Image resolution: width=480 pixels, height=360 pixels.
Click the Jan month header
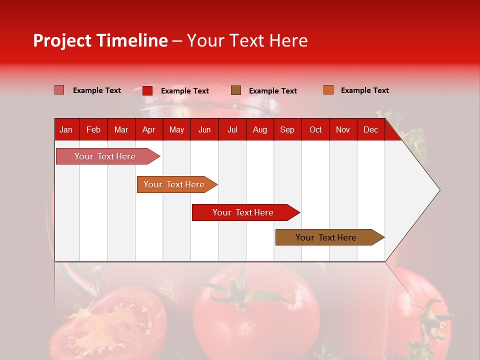tap(66, 129)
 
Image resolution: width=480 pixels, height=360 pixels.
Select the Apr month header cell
tap(148, 129)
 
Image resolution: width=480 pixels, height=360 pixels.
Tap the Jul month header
tap(232, 129)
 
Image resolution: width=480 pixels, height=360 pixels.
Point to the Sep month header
tap(287, 129)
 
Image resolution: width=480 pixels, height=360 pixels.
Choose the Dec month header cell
tap(370, 129)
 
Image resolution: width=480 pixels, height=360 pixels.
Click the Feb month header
tap(93, 129)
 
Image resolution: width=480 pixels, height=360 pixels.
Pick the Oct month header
tap(315, 129)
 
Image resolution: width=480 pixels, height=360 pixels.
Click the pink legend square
tap(59, 90)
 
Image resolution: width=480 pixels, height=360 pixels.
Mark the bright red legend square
tap(147, 90)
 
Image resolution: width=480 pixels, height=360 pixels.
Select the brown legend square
tap(236, 90)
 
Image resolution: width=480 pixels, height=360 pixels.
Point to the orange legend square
tap(328, 90)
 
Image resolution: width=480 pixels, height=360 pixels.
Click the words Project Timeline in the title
tap(100, 40)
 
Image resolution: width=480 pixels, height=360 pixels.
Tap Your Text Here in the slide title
tap(247, 40)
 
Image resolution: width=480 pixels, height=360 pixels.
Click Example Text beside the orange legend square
tap(364, 90)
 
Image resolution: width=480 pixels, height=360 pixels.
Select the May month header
tap(176, 129)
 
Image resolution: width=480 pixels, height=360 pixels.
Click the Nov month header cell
tap(343, 129)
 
